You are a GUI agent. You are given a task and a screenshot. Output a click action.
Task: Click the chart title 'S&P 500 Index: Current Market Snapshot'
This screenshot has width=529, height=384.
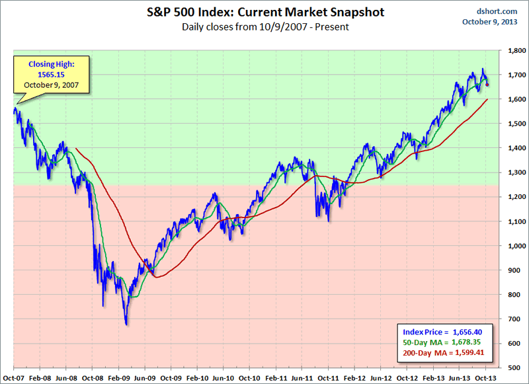pyautogui.click(x=264, y=12)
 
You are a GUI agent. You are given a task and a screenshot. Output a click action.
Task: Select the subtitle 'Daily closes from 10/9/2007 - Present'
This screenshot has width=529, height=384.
pyautogui.click(x=264, y=27)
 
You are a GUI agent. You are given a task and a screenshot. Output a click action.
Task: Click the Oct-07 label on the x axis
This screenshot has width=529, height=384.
pyautogui.click(x=13, y=377)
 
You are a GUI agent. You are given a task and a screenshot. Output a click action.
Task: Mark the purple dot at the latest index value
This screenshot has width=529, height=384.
pyautogui.click(x=487, y=85)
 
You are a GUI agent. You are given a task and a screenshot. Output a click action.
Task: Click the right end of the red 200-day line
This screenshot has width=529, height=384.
pyautogui.click(x=488, y=99)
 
